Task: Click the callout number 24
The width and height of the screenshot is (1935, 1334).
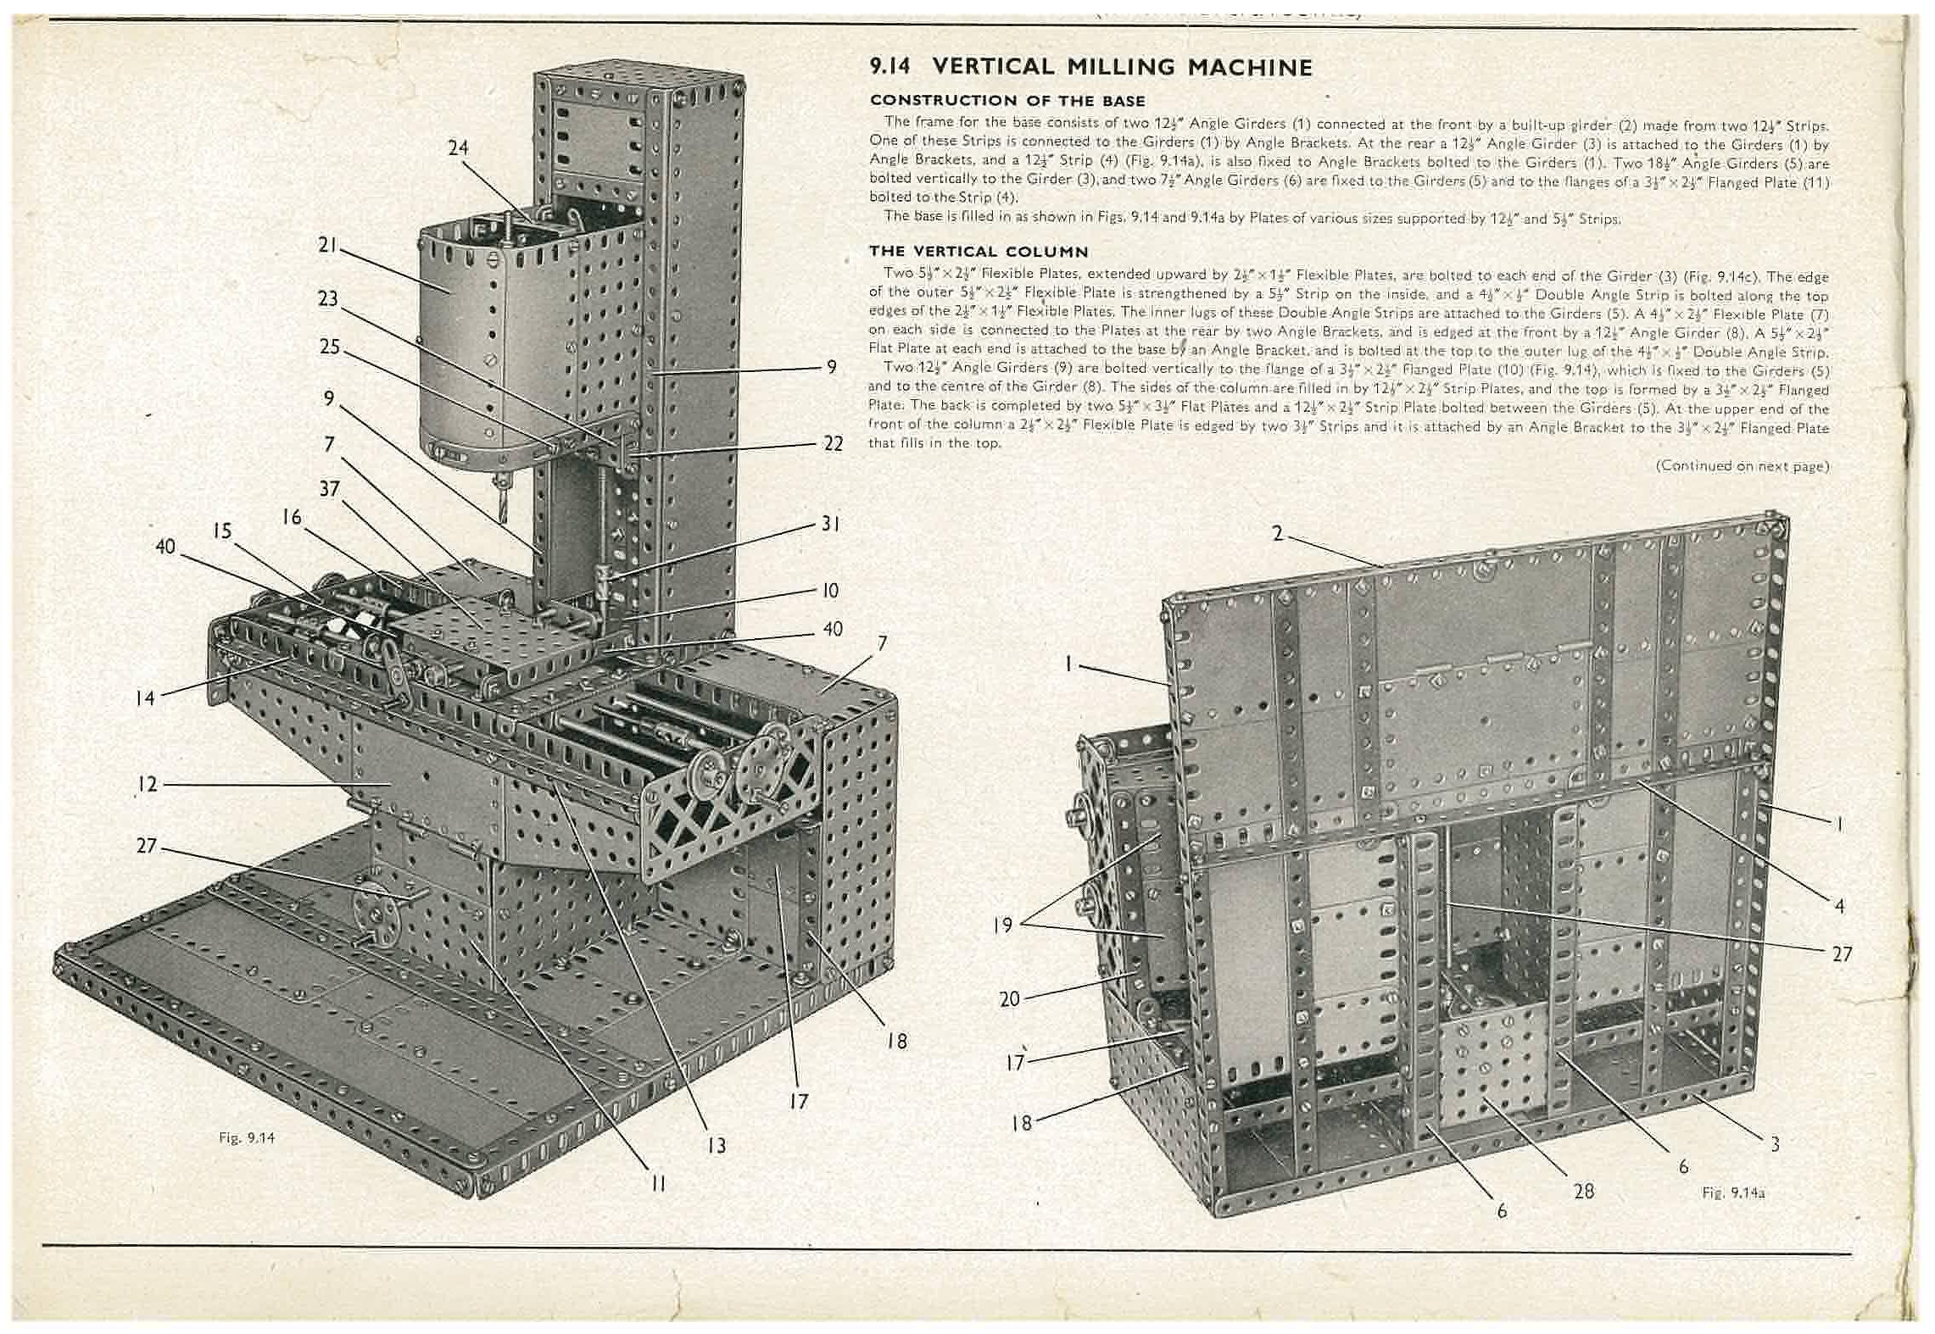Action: (458, 148)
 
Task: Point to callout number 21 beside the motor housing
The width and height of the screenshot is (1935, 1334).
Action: (327, 246)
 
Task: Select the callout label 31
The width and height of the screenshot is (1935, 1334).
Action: (830, 524)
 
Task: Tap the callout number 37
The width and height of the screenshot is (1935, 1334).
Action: (330, 489)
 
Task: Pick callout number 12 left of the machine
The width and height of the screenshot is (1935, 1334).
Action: (148, 784)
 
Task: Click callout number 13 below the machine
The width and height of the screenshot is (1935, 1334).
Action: (717, 1146)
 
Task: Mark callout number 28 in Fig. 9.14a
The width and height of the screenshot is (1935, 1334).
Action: (1583, 1192)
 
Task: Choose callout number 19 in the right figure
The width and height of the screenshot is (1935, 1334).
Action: (1002, 924)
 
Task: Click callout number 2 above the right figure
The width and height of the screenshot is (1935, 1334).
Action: (1277, 534)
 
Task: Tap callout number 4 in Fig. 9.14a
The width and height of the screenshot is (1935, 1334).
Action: (1839, 906)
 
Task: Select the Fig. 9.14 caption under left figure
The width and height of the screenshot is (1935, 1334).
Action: (247, 1138)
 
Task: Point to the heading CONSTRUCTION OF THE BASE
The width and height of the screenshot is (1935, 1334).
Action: (1007, 101)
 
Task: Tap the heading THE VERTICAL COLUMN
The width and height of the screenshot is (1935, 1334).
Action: (979, 252)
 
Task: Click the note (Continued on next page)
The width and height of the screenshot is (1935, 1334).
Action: (1742, 466)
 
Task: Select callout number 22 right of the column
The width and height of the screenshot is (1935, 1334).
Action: (833, 443)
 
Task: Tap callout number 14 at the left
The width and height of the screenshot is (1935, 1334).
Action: (145, 698)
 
